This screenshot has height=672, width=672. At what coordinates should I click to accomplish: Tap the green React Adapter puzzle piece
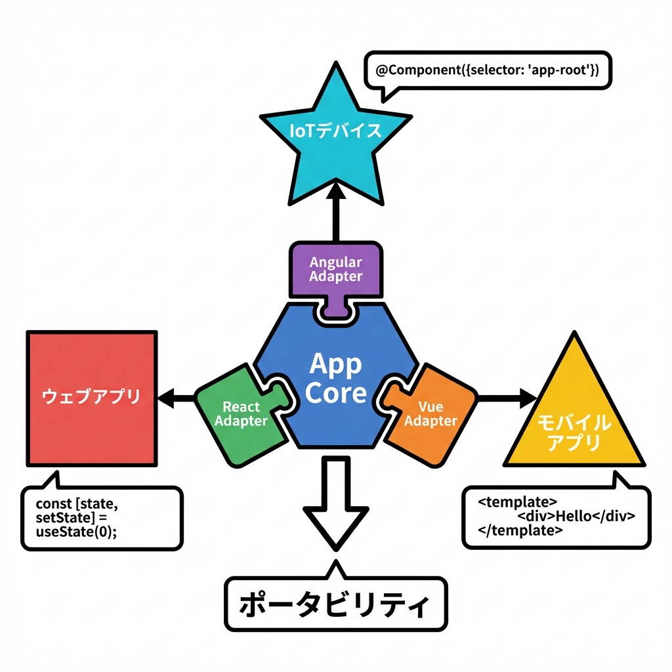[240, 413]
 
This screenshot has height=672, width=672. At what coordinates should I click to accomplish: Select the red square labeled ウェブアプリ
[91, 396]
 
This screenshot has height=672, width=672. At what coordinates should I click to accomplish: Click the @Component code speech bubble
[488, 70]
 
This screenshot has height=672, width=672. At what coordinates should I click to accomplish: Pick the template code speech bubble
[556, 516]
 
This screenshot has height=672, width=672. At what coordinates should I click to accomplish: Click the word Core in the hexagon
[336, 393]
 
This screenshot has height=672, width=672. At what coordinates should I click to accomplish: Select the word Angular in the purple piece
[336, 262]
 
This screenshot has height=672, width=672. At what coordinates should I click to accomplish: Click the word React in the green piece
[240, 407]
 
